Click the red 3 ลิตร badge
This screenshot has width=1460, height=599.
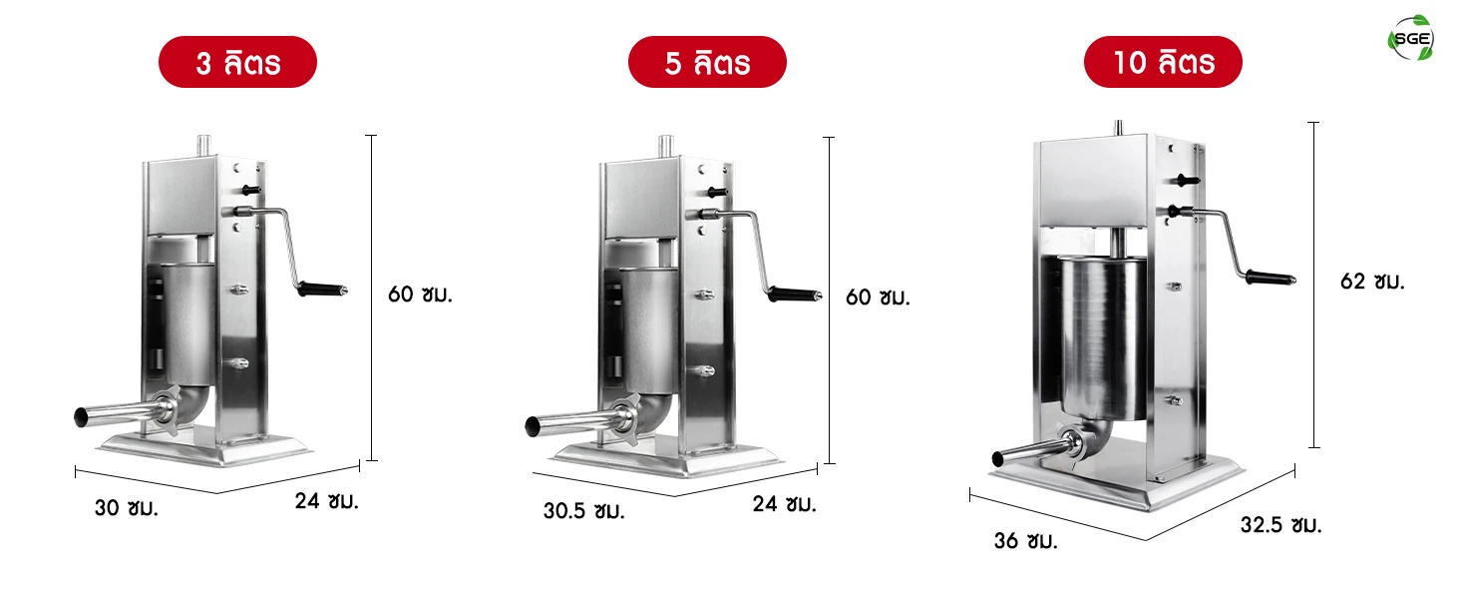point(238,62)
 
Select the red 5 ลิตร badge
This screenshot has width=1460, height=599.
point(707,62)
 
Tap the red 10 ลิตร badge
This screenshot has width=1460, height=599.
point(1164,62)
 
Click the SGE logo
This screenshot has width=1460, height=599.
point(1411,38)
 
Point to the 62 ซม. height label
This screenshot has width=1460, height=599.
point(1372,282)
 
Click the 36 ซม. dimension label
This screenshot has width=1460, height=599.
point(1025,540)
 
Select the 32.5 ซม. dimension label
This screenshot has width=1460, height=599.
point(1280,524)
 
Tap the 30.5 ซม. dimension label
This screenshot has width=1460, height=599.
point(584,510)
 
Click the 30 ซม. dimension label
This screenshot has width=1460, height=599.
point(127,507)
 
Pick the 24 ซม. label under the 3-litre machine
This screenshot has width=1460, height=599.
point(326,501)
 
